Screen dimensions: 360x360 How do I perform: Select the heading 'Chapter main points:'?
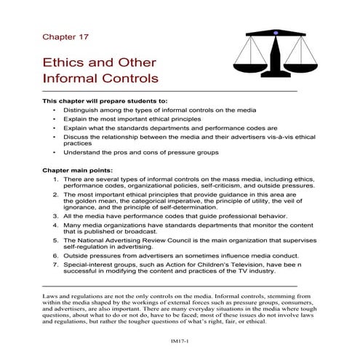(x=78, y=169)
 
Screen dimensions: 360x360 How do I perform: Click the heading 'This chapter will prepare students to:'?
(x=105, y=100)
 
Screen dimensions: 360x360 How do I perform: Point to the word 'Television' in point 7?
(x=236, y=266)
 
